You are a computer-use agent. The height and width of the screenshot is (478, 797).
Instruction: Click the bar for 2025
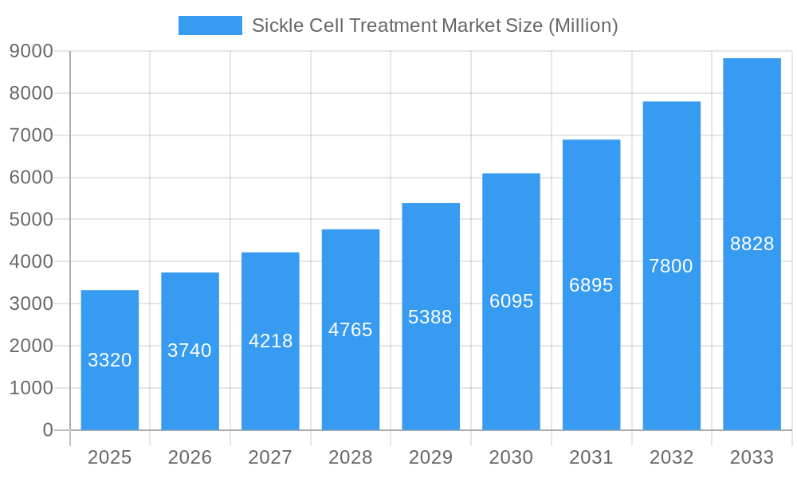[110, 360]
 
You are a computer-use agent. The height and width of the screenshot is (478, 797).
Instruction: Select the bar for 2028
[351, 330]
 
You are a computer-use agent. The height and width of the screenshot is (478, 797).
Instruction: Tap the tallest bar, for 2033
[752, 244]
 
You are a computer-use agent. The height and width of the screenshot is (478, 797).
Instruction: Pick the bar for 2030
[511, 302]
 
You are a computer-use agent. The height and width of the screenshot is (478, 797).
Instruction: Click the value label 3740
[190, 351]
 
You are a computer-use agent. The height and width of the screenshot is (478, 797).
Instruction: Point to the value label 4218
[270, 341]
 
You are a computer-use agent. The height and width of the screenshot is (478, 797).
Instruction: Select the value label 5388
[430, 317]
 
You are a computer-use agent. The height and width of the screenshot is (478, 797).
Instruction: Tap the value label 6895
[591, 285]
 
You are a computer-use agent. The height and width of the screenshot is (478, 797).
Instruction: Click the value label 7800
[671, 266]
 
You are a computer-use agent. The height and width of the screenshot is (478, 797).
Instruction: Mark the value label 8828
[752, 244]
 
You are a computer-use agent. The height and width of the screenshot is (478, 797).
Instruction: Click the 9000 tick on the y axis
[31, 52]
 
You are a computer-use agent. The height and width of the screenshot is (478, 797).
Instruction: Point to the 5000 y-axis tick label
[31, 220]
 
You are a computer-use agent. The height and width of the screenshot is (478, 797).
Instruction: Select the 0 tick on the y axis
[47, 430]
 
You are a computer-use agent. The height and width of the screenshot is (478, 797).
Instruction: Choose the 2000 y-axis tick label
[31, 346]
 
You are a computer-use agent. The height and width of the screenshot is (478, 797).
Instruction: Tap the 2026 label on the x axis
[190, 457]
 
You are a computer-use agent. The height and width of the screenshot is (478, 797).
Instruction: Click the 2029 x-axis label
[430, 457]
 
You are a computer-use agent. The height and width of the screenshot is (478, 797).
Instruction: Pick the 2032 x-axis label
[671, 457]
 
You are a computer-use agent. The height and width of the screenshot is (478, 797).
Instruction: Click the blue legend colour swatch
[210, 25]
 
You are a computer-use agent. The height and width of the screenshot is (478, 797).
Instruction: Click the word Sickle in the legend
[275, 25]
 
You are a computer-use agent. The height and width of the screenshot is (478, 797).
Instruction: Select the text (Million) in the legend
[583, 25]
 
